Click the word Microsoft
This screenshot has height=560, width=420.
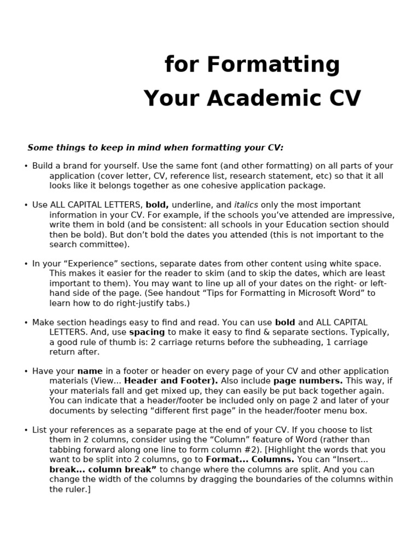(x=310, y=293)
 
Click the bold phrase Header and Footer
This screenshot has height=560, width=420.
(x=171, y=381)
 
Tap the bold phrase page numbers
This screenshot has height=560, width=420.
(x=308, y=381)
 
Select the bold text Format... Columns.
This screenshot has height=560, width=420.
(x=249, y=460)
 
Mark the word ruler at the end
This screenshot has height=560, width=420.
(x=74, y=489)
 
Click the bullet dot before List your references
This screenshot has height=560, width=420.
(x=26, y=430)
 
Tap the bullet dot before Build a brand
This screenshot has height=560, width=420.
(x=26, y=166)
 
